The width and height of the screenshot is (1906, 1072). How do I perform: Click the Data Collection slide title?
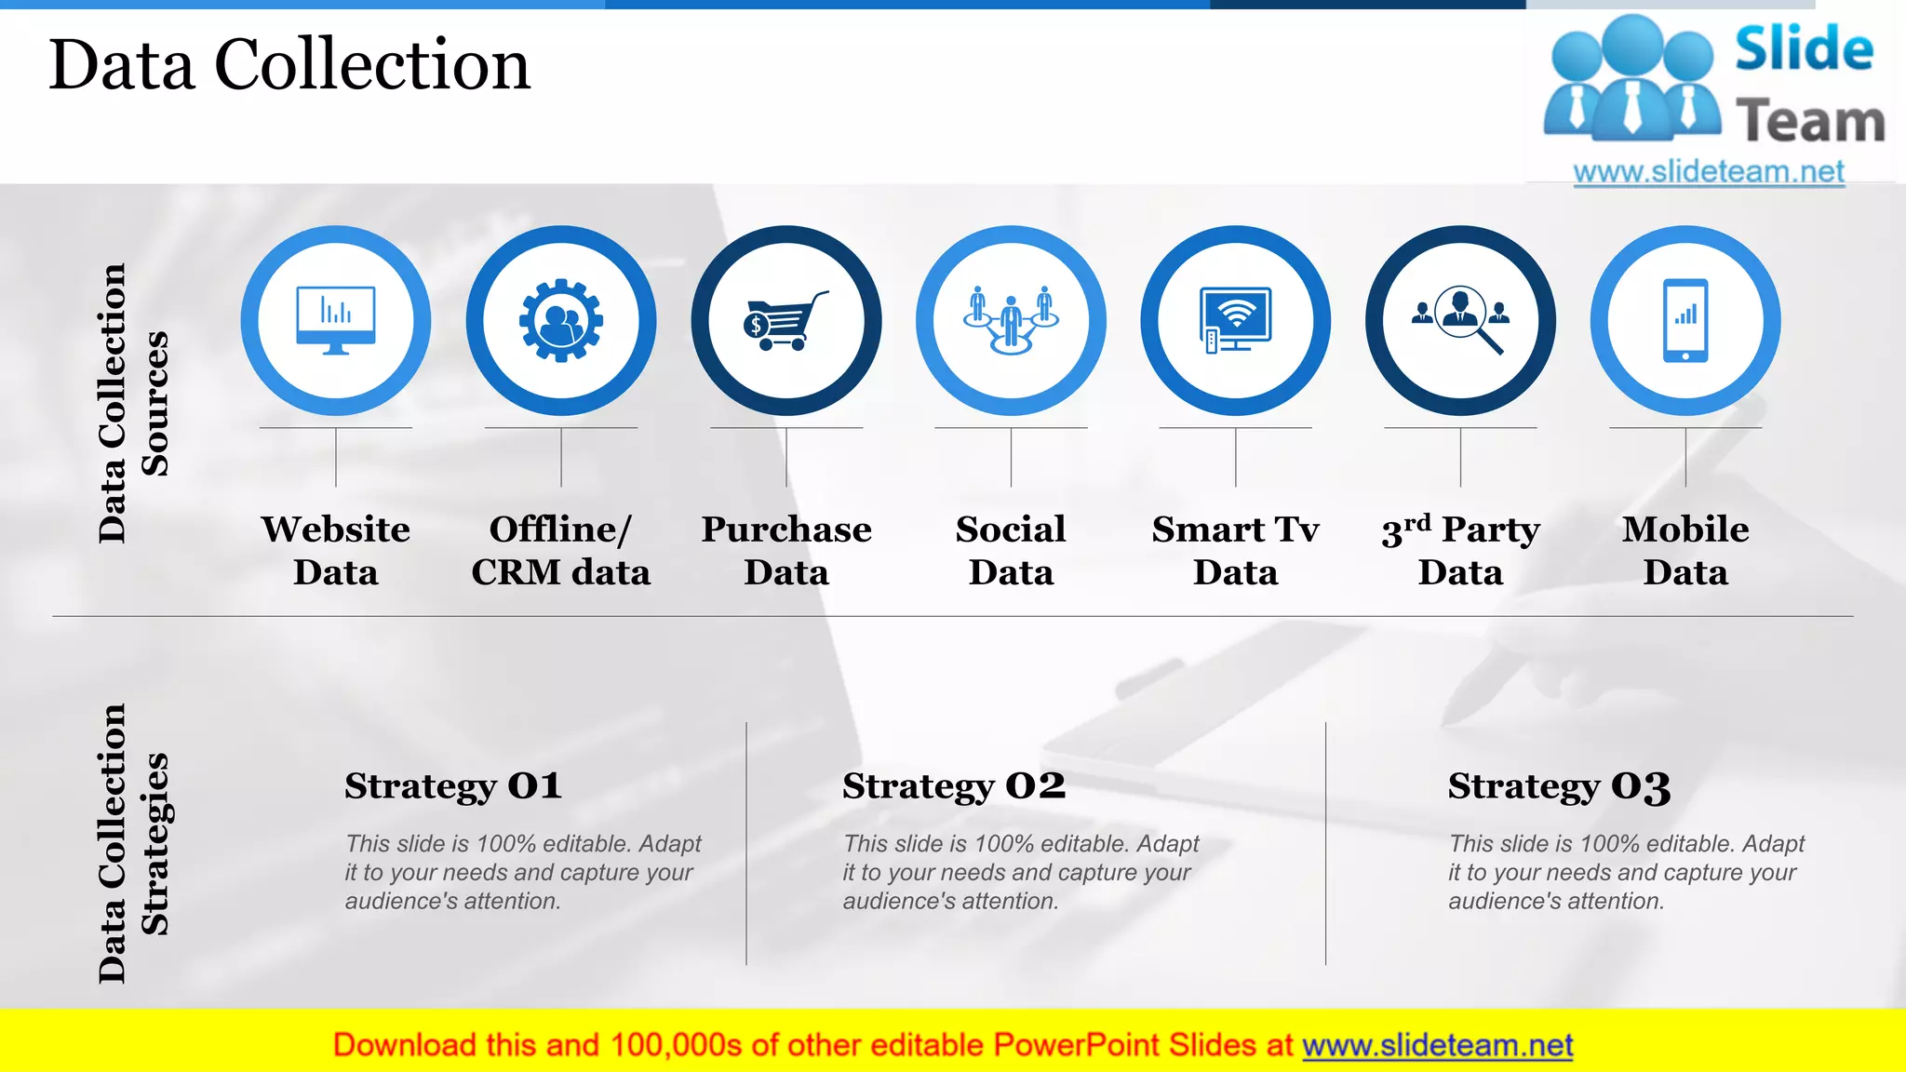289,65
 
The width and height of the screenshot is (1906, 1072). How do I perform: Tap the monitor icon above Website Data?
336,320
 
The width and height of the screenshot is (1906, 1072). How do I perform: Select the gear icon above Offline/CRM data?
561,320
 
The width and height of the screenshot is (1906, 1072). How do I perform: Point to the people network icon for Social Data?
1011,320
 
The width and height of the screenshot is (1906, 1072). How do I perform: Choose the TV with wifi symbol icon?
1236,320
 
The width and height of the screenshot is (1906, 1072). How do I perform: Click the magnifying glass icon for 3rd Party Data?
1461,320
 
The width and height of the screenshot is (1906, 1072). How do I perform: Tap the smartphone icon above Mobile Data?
1685,320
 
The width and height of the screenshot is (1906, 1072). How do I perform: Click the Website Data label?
336,550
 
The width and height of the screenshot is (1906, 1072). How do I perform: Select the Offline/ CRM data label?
561,550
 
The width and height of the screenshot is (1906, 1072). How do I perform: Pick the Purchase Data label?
786,550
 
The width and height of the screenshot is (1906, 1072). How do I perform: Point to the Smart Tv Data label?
1236,550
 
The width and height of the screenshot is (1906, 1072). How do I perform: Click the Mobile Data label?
1685,550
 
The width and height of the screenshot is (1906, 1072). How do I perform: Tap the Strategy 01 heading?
453,786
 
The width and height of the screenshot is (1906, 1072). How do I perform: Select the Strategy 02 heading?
954,786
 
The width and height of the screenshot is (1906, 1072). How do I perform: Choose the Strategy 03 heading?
1559,786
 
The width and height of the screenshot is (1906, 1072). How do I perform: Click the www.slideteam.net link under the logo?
1709,172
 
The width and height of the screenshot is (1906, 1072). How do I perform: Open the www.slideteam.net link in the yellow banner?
1438,1046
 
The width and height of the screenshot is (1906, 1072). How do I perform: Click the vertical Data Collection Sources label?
133,403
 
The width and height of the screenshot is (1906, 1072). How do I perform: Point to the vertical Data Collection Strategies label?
133,843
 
